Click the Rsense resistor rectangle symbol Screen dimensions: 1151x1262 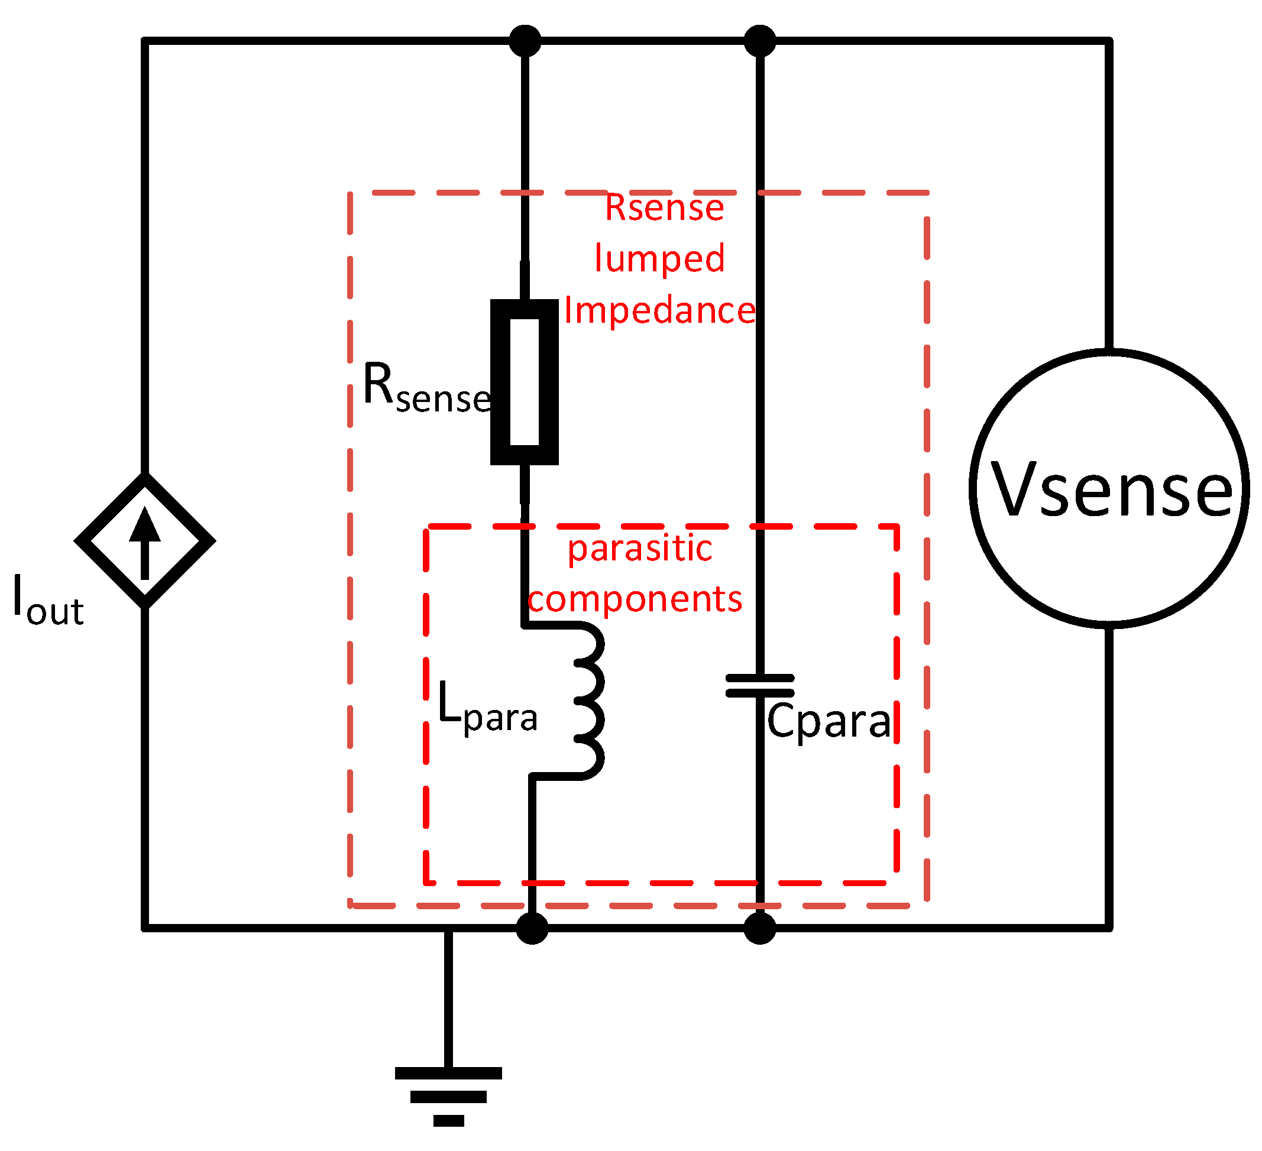point(524,382)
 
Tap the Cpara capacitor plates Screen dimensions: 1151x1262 point(759,686)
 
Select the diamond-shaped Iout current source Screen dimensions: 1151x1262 point(145,540)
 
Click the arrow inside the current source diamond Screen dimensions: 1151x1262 point(145,542)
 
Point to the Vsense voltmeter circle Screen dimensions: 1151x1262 point(1109,488)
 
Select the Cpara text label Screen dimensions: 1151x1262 point(827,722)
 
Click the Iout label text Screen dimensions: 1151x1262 point(47,601)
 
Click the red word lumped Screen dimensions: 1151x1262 point(659,258)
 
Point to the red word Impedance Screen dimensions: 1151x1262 point(659,310)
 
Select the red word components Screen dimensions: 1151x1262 point(634,599)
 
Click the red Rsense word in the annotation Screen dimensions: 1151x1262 point(664,207)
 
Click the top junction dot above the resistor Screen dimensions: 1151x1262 point(525,41)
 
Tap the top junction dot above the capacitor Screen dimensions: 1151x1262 point(759,41)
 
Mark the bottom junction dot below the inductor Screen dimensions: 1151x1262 point(532,928)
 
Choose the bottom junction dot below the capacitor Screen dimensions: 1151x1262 point(759,928)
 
